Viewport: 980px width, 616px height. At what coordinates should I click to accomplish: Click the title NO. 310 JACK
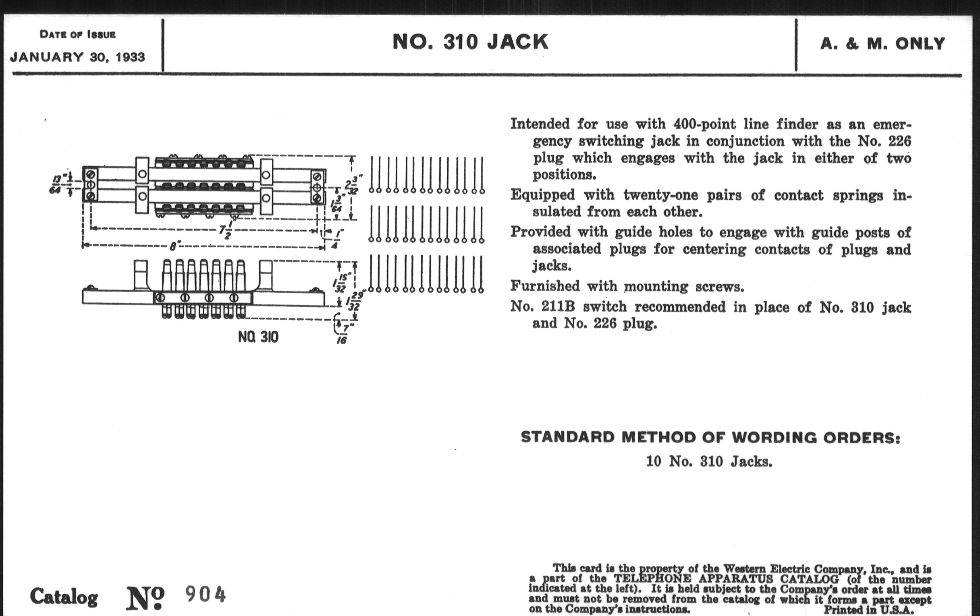click(x=470, y=42)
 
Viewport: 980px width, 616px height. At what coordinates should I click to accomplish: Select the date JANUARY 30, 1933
click(x=77, y=57)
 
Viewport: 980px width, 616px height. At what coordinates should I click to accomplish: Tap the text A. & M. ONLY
click(x=882, y=44)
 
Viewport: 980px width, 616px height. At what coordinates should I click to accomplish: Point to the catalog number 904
click(x=205, y=595)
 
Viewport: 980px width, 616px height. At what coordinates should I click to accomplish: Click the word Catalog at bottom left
click(x=64, y=597)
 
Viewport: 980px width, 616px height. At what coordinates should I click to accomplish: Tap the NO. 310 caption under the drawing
click(x=258, y=337)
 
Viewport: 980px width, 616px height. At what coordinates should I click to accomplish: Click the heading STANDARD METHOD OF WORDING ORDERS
click(x=710, y=438)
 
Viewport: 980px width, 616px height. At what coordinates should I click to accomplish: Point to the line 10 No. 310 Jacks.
click(x=709, y=461)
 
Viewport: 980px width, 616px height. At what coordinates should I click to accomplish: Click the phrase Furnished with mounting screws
click(x=627, y=286)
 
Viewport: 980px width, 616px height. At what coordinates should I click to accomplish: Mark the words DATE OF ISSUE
click(x=77, y=35)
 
